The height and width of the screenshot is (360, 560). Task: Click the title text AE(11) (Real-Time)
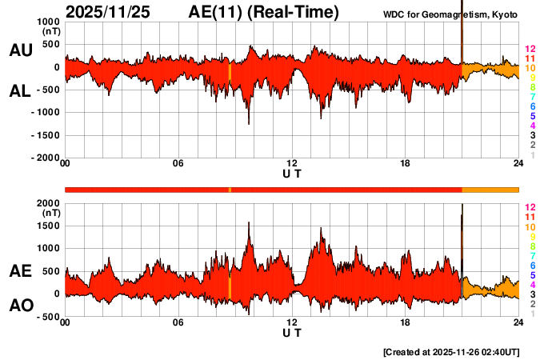(263, 12)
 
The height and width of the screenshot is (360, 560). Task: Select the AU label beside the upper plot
(20, 50)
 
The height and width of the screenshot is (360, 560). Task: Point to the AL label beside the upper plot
(20, 91)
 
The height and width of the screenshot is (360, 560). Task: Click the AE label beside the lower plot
(20, 271)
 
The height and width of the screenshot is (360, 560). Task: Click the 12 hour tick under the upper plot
(292, 164)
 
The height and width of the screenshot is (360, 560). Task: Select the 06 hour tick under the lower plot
(178, 322)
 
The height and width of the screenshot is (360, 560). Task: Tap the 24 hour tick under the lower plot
(518, 322)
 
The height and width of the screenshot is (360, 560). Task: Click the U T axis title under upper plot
(292, 174)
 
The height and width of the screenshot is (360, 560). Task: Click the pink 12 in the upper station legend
(529, 50)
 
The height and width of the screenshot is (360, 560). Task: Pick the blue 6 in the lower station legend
(529, 265)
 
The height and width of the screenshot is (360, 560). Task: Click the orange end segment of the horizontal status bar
(490, 189)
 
